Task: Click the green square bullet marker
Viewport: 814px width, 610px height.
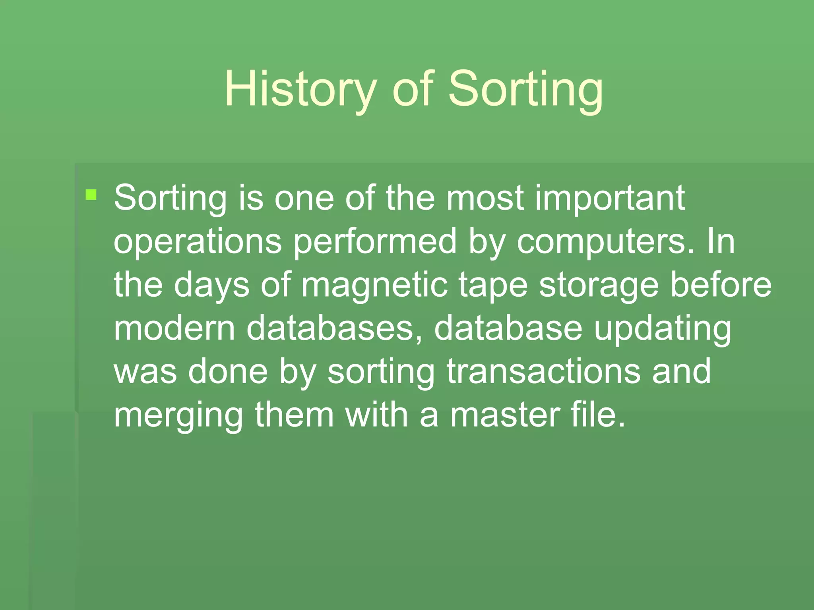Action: pos(91,195)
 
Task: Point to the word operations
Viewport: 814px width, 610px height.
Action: pos(198,242)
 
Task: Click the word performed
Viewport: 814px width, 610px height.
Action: pos(375,242)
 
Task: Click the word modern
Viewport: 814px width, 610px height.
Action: pos(174,328)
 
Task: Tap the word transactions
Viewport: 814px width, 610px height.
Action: pos(543,372)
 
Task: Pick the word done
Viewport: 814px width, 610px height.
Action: pos(228,372)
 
